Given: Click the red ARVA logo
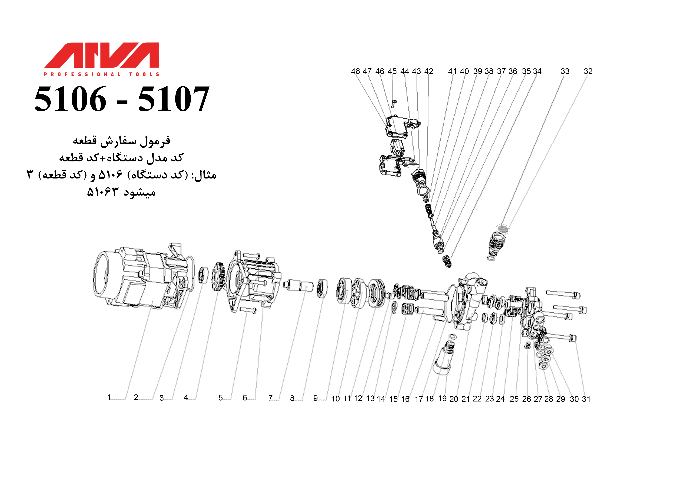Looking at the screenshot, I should [x=102, y=55].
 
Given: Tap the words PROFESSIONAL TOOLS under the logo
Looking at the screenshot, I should [x=102, y=74].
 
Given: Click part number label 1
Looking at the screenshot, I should [x=109, y=397].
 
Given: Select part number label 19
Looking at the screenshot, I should [x=442, y=398].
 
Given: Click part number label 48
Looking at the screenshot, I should [x=355, y=71].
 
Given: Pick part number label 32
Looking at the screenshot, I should [x=588, y=71].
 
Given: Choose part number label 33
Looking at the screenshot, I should [x=565, y=71].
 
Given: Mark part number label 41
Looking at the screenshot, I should [x=452, y=71].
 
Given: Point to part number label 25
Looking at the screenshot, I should [x=514, y=399].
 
